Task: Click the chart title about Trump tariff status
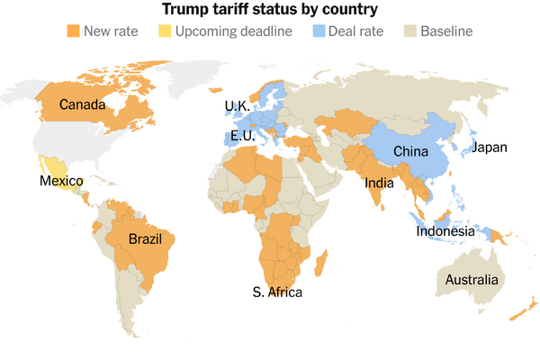[270, 10]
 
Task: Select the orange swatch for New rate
[73, 31]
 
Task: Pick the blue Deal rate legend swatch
[320, 31]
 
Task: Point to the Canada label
[81, 106]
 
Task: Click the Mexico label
[61, 182]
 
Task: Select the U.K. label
[237, 106]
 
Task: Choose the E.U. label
[241, 136]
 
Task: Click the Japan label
[490, 148]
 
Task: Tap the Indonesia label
[445, 231]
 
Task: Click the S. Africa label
[277, 292]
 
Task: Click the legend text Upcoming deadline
[234, 31]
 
